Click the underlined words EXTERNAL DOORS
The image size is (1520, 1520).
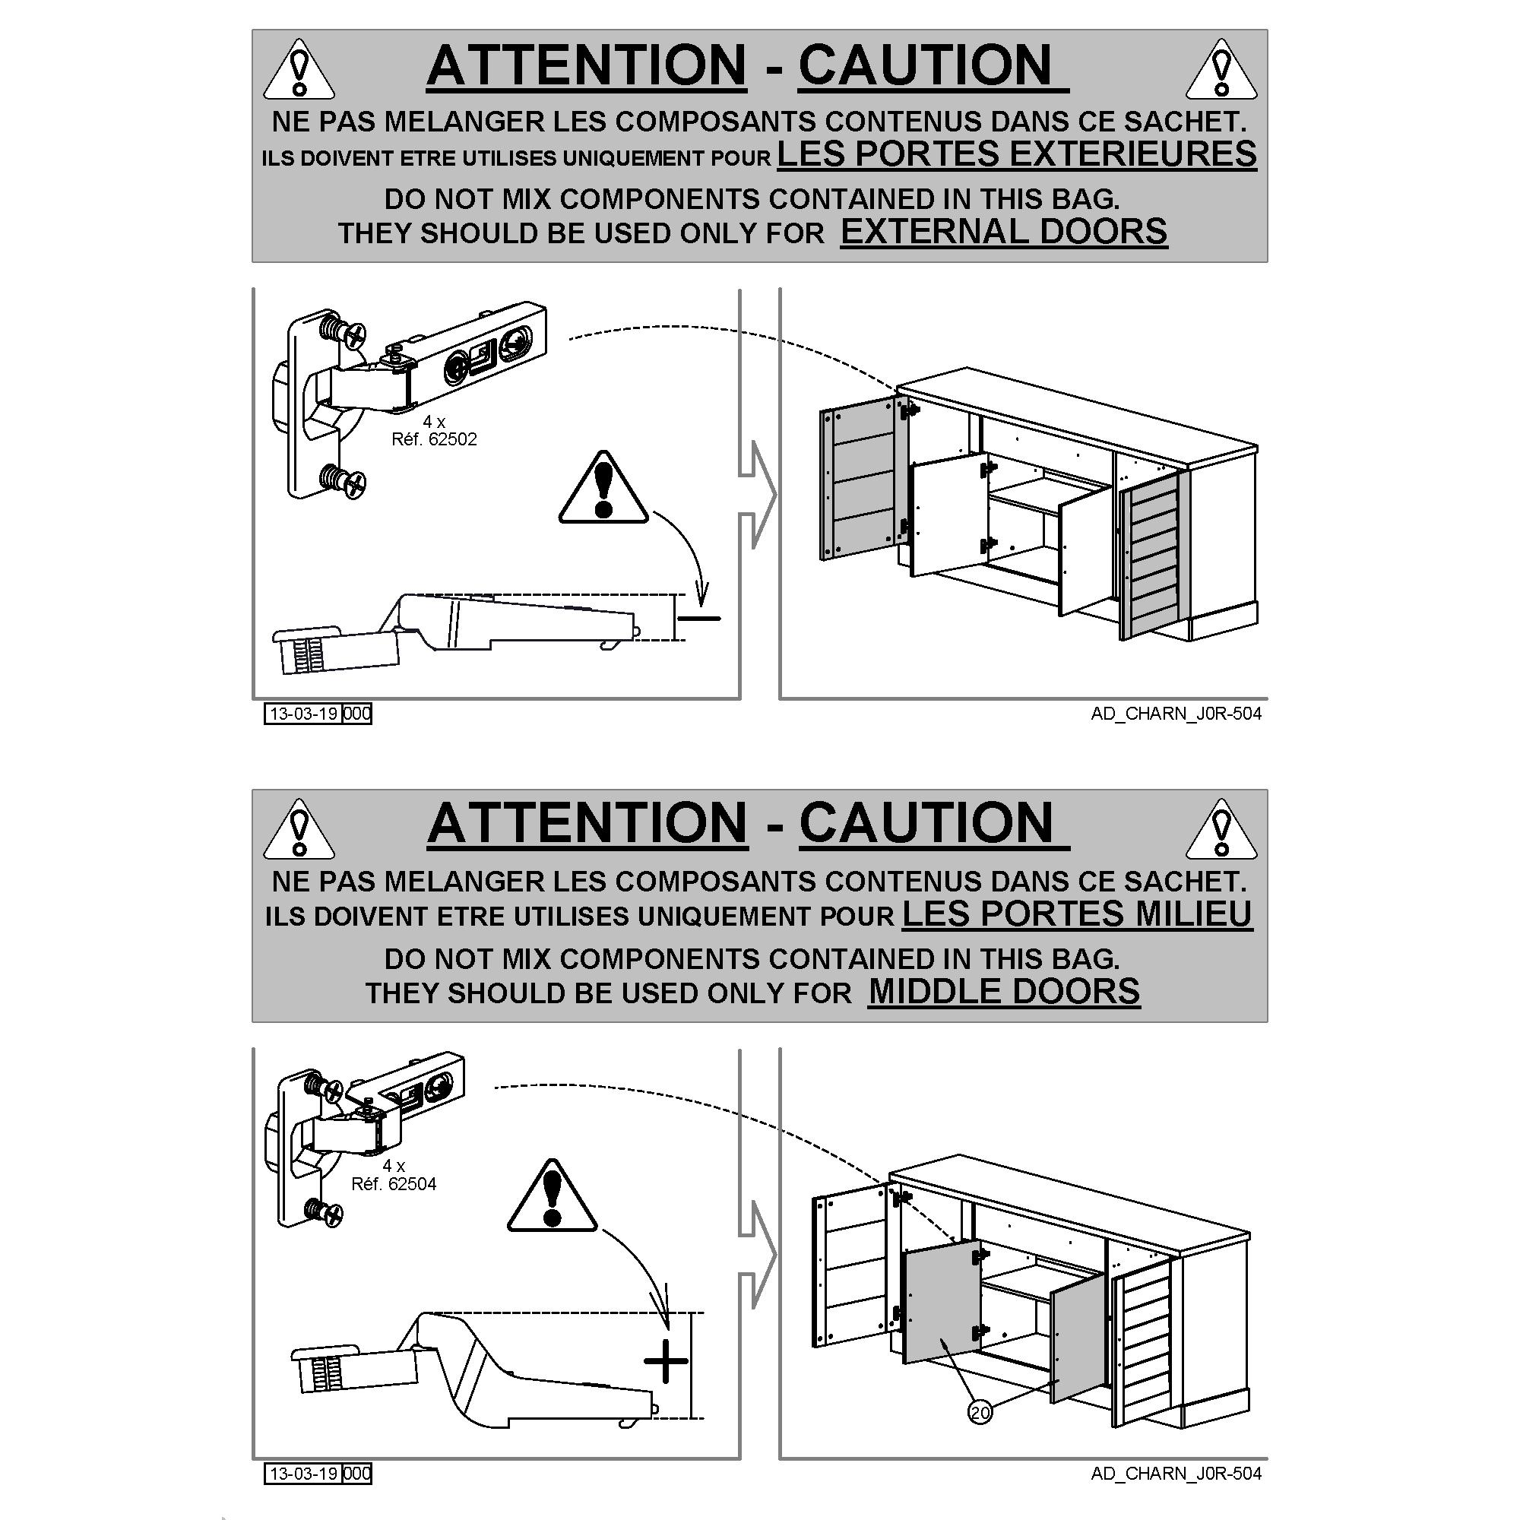coord(1004,232)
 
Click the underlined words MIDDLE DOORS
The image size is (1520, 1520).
coord(1004,991)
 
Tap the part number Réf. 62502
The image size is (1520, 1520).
coord(434,439)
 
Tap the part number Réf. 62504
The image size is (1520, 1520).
coord(394,1184)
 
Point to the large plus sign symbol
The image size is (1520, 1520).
coord(666,1361)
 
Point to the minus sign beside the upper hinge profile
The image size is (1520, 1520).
coord(698,619)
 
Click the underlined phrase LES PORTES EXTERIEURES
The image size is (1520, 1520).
coord(1016,154)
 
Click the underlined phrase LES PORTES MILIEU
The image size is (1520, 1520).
coord(1076,914)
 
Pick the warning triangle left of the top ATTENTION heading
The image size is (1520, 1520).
coord(298,69)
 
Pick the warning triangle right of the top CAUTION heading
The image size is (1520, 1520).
coord(1221,69)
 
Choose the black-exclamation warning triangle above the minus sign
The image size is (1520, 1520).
coord(603,489)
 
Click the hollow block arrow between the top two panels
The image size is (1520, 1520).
coord(758,495)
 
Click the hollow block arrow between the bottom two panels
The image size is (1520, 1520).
coord(758,1255)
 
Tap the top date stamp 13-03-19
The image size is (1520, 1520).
coord(303,714)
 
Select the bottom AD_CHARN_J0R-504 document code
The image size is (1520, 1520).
coord(1176,1473)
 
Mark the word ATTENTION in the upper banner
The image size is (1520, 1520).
coord(587,65)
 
